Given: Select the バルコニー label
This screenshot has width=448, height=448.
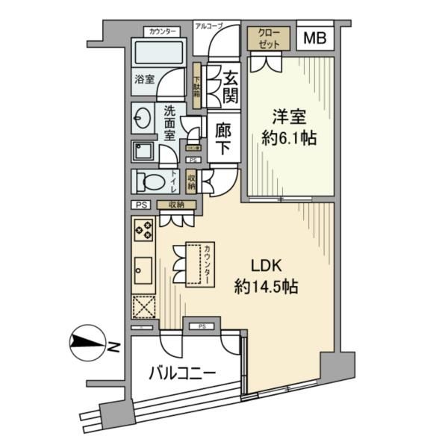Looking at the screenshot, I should [182, 372].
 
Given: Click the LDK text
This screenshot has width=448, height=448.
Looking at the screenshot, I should [266, 267].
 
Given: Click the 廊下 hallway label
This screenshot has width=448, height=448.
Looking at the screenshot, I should [223, 139].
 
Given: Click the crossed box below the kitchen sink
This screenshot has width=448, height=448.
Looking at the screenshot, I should [143, 308].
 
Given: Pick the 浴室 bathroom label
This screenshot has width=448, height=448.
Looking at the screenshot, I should [145, 78].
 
